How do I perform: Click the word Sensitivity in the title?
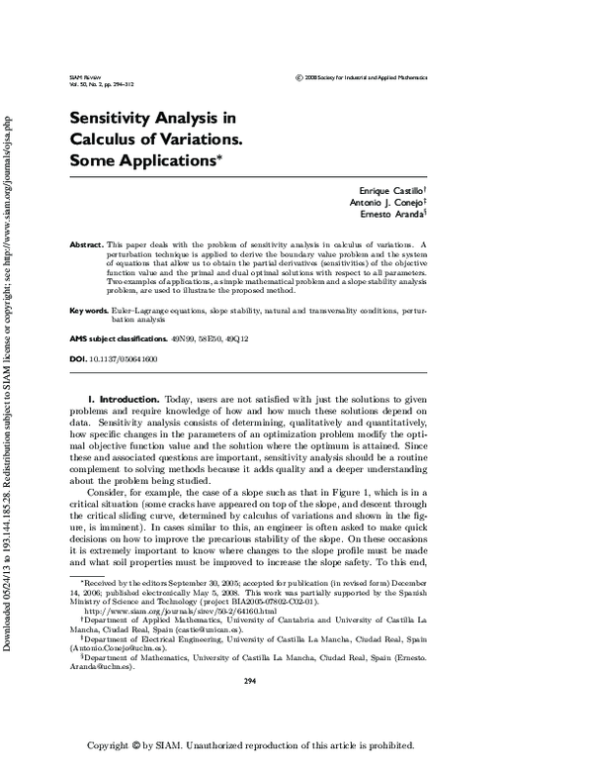(x=116, y=117)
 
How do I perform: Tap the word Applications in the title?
(x=165, y=159)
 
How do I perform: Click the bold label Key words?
(x=88, y=311)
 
